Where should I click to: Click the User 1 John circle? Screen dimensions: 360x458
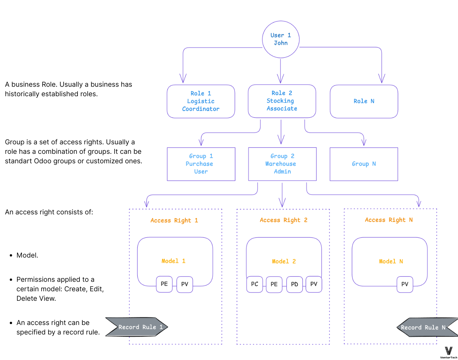[x=281, y=39]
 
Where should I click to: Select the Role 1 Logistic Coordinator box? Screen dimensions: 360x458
[x=201, y=101]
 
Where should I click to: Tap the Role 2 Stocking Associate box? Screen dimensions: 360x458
[x=282, y=101]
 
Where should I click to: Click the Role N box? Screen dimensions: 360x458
[x=364, y=101]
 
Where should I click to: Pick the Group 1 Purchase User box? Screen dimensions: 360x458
[x=201, y=164]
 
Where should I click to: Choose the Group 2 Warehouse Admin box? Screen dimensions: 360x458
[x=282, y=164]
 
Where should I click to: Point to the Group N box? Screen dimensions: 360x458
[x=364, y=164]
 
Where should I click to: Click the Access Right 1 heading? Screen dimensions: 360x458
[x=174, y=221]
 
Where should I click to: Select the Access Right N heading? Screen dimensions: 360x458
[x=389, y=220]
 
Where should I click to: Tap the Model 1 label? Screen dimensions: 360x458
[x=173, y=261]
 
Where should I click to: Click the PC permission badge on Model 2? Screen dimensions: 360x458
[x=255, y=284]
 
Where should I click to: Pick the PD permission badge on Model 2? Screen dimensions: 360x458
[x=294, y=284]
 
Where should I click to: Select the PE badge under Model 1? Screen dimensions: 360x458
[x=164, y=284]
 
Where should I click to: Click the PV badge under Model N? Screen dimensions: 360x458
[x=405, y=284]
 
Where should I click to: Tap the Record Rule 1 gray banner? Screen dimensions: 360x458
[x=137, y=327]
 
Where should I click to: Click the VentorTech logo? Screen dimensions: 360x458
[x=449, y=352]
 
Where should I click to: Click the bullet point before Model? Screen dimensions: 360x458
[x=11, y=256]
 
